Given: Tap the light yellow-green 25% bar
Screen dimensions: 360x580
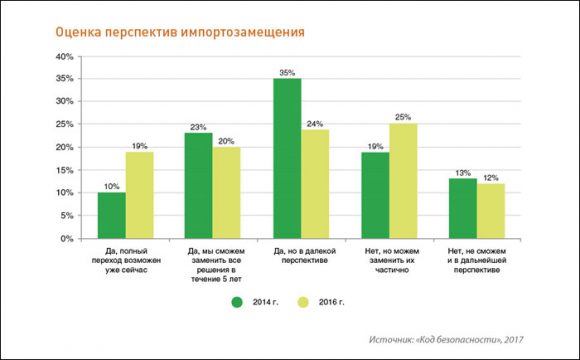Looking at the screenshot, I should pos(402,181).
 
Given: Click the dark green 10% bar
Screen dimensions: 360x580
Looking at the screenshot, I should pos(112,215).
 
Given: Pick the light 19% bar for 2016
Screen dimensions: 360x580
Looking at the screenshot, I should pos(140,195).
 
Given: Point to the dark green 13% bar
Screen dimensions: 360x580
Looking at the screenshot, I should pos(462,208).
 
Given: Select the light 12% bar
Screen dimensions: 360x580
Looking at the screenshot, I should pos(490,211).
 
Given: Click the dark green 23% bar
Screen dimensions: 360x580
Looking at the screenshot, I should pos(199,186).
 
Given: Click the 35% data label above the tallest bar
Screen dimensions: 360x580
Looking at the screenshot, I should pos(287,71).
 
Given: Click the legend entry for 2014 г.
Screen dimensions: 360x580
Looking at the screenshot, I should pos(256,301).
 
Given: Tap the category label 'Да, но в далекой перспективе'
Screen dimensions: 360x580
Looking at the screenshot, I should pos(301,257).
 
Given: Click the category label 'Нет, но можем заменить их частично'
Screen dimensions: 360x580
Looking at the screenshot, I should pos(388,263).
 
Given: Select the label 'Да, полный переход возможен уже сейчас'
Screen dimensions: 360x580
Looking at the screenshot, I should pos(125,263).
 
